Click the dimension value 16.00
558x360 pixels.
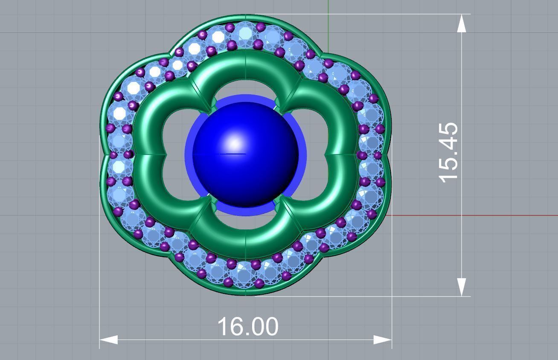coord(247,326)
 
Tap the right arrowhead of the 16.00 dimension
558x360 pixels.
coord(383,340)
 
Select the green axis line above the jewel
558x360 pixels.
coord(328,17)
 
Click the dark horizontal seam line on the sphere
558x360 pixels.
coord(232,154)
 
